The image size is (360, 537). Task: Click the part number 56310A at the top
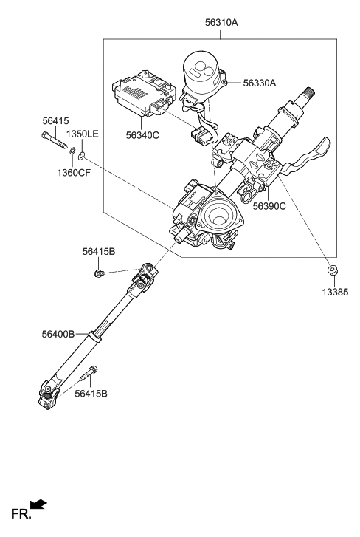click(x=221, y=23)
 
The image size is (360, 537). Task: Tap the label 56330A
click(x=260, y=83)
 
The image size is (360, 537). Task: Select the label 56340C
click(x=143, y=135)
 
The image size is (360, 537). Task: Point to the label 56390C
click(x=269, y=206)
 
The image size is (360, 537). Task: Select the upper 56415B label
click(x=99, y=252)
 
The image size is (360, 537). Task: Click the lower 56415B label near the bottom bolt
click(x=91, y=393)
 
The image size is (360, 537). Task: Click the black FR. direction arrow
click(x=38, y=504)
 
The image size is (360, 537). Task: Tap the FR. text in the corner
click(x=18, y=513)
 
